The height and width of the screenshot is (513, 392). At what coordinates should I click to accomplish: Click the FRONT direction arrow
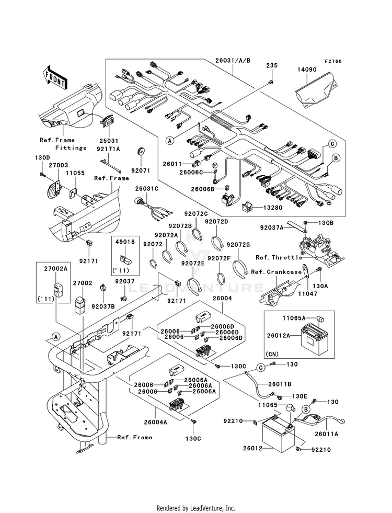coord(54,77)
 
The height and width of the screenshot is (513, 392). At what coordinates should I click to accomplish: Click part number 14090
coord(307,70)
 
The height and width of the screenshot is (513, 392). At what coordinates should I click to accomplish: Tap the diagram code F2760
coord(333,61)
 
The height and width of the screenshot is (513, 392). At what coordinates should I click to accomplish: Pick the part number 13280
coord(272,208)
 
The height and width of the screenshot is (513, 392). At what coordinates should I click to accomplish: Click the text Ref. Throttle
coord(279,257)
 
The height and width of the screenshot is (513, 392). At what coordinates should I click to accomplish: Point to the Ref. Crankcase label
coord(276,272)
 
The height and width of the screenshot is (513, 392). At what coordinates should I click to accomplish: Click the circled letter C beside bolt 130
coord(261,368)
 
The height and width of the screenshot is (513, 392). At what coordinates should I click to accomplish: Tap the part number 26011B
coord(280,384)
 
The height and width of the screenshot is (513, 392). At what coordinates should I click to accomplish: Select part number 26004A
coord(155,422)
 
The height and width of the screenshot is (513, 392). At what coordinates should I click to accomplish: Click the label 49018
coord(125,242)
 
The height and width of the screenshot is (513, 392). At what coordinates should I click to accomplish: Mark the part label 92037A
coord(272,227)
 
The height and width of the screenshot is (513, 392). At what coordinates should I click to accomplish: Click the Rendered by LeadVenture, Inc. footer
coord(196,508)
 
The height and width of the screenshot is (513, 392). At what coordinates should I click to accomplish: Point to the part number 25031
coord(108,141)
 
